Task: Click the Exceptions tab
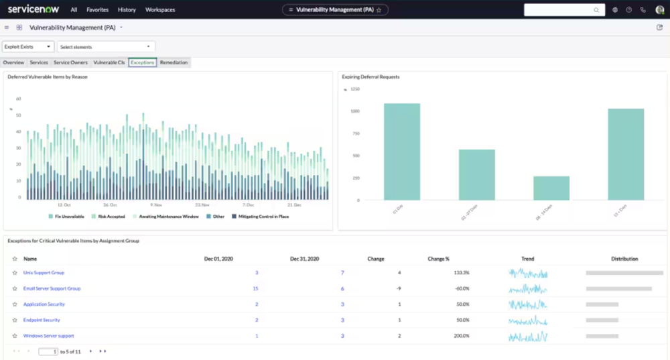pos(143,62)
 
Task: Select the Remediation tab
pos(174,62)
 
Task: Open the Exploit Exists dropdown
pos(28,47)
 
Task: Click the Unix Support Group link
pos(44,273)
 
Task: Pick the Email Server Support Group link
pos(52,288)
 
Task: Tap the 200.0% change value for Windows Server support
pos(461,336)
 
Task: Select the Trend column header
pos(527,258)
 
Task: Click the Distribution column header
pos(624,258)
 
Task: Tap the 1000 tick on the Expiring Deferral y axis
pos(354,111)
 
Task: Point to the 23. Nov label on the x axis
pos(202,204)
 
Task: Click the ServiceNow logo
pos(33,9)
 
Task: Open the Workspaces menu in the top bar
pos(160,10)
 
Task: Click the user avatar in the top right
pos(659,10)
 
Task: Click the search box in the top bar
pos(559,10)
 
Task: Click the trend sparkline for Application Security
pos(527,304)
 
